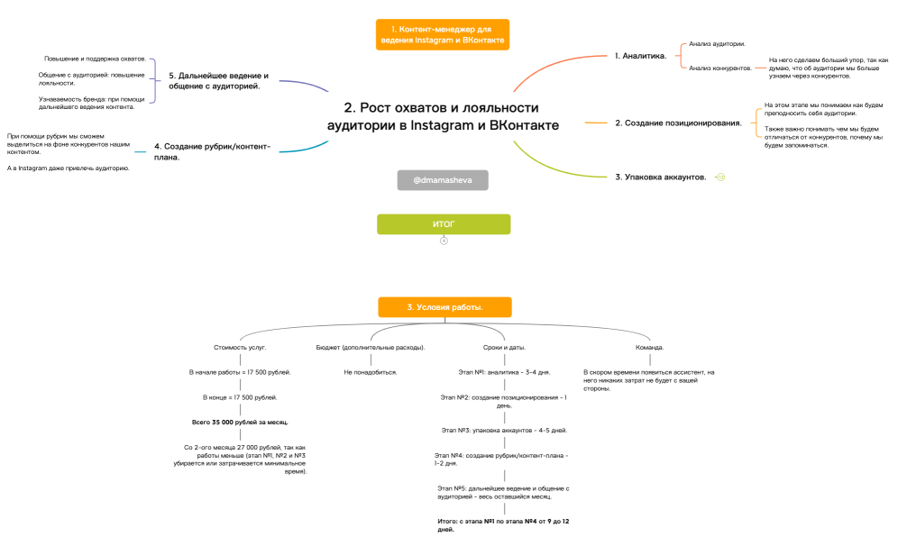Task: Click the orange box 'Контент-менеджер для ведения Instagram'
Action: click(x=442, y=34)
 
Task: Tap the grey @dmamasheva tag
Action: click(x=443, y=180)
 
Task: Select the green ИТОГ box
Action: click(x=444, y=224)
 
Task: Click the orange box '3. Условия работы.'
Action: click(x=444, y=307)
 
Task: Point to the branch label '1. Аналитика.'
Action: click(x=640, y=56)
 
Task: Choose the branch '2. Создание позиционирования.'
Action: click(x=678, y=123)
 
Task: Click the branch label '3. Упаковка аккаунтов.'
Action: click(x=660, y=177)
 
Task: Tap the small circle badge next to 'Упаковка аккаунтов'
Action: click(x=721, y=177)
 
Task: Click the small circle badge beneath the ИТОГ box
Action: click(x=444, y=241)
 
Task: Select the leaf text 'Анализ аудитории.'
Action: click(x=717, y=44)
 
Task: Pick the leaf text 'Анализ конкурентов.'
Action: click(x=719, y=68)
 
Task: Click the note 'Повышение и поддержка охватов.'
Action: click(x=95, y=59)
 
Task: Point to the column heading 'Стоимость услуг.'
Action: click(x=240, y=347)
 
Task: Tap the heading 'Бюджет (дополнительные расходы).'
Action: click(x=371, y=347)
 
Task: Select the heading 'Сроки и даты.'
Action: click(x=504, y=347)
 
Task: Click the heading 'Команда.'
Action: click(x=649, y=347)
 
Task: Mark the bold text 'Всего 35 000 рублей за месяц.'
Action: click(x=240, y=423)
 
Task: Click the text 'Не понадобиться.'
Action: click(x=371, y=372)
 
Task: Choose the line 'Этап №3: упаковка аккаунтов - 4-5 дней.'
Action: click(x=504, y=431)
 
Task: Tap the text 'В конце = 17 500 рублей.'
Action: click(x=240, y=397)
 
